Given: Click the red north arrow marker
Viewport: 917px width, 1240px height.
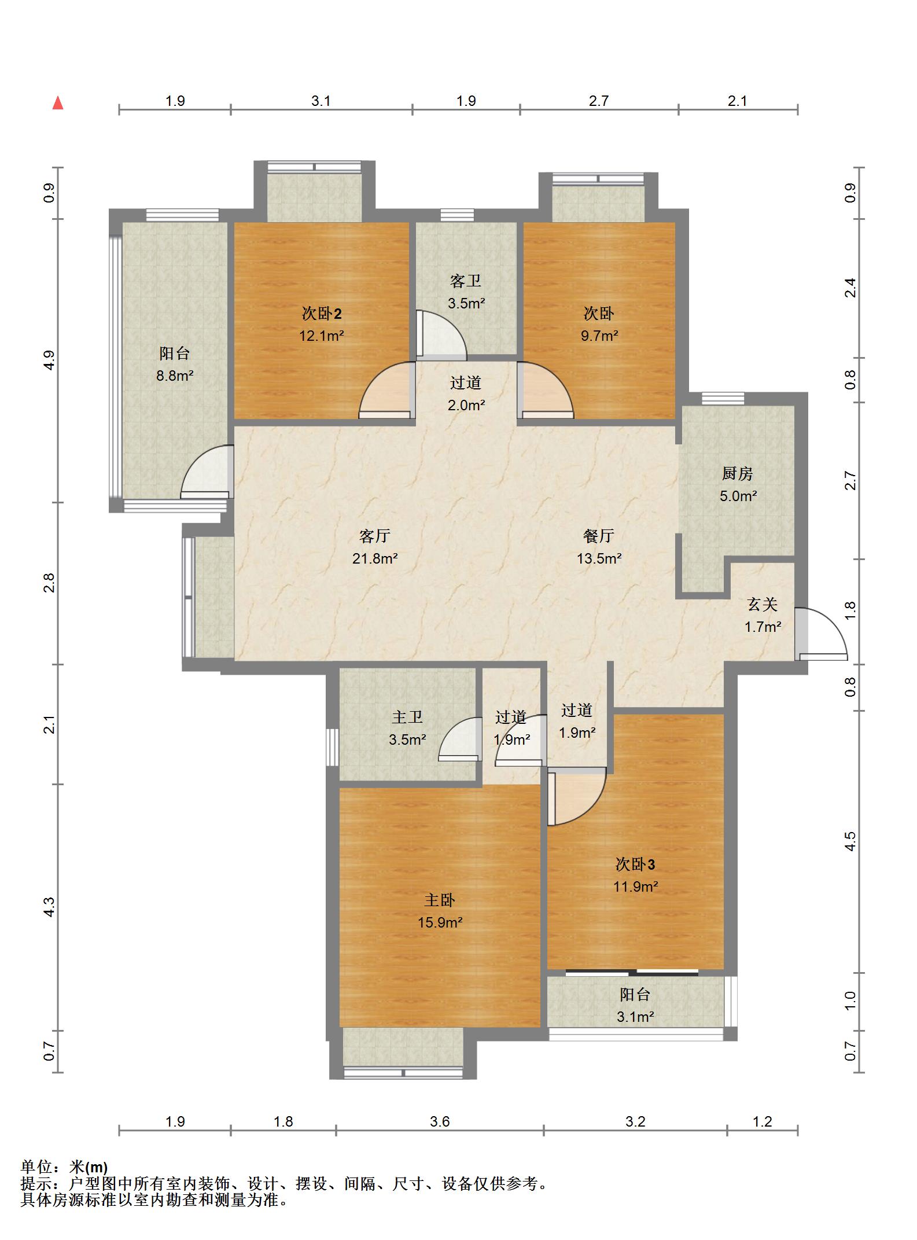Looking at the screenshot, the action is click(x=57, y=103).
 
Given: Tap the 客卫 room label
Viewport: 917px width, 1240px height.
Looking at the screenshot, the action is click(x=466, y=281).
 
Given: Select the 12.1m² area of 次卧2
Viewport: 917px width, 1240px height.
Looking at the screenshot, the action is click(x=322, y=336).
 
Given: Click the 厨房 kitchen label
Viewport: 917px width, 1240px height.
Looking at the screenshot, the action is click(x=738, y=474).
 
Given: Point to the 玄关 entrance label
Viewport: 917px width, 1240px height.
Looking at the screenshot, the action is click(x=763, y=605).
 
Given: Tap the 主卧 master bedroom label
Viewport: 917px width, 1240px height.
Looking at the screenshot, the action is click(x=440, y=900).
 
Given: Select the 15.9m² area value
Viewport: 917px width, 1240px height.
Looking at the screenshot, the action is click(x=440, y=922).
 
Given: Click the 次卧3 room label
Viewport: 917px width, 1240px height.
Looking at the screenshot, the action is click(x=635, y=864).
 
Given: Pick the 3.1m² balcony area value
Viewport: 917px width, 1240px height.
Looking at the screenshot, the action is click(x=635, y=1017).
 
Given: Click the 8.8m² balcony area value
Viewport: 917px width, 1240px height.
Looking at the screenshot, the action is click(x=175, y=376).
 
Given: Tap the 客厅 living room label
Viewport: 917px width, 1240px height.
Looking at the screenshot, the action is click(x=375, y=536).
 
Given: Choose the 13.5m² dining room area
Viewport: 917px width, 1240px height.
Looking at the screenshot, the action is click(x=599, y=558).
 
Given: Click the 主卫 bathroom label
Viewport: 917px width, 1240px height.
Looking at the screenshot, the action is click(x=407, y=717).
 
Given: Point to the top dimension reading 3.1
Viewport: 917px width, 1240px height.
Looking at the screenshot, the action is click(x=321, y=101).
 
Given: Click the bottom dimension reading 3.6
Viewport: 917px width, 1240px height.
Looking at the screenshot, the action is click(x=440, y=1121).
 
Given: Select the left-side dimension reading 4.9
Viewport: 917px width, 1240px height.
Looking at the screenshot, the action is click(x=50, y=360).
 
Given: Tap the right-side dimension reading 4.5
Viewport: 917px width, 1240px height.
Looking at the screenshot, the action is click(x=849, y=841).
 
